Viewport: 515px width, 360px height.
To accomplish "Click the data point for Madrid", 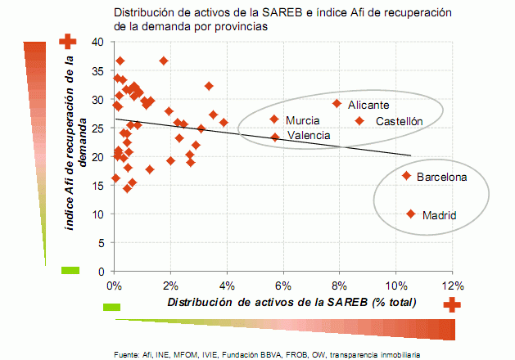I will pyautogui.click(x=410, y=214).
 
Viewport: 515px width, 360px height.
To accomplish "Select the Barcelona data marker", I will pyautogui.click(x=406, y=176).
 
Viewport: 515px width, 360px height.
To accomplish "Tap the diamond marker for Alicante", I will pyautogui.click(x=337, y=104).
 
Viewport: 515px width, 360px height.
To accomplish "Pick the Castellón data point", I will pyautogui.click(x=359, y=121).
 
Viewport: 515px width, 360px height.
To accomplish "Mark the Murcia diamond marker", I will pyautogui.click(x=274, y=119).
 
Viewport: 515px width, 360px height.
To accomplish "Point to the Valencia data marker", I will pyautogui.click(x=275, y=137).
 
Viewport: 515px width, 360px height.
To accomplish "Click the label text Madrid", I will pyautogui.click(x=439, y=216).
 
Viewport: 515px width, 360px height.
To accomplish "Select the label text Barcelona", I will pyautogui.click(x=441, y=177).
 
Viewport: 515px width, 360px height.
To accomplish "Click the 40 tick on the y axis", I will pyautogui.click(x=97, y=42).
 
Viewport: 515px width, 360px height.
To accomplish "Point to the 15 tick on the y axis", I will pyautogui.click(x=97, y=186).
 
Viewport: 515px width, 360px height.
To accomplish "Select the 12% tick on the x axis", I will pyautogui.click(x=452, y=286).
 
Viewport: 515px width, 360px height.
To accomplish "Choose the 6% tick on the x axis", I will pyautogui.click(x=283, y=286).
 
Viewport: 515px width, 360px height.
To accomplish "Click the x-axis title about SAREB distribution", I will pyautogui.click(x=291, y=302).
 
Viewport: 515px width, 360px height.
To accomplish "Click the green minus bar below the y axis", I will pyautogui.click(x=70, y=270).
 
